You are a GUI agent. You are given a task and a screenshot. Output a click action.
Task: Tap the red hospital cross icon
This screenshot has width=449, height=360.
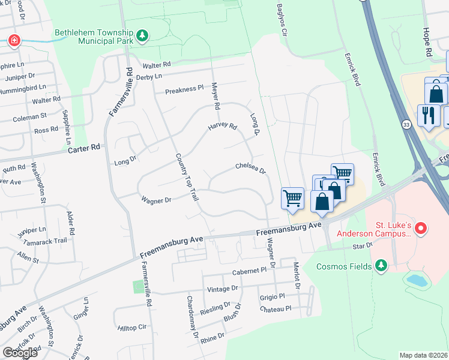coord(13,41)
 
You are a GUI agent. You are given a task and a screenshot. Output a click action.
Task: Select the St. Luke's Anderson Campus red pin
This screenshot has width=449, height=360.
coord(421,229)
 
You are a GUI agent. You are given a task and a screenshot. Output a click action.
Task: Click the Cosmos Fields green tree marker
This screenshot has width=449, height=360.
coord(380,265)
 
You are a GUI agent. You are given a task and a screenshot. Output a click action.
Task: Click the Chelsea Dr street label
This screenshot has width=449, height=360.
coord(250,168)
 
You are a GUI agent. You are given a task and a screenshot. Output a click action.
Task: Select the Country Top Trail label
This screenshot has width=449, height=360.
coord(186,176)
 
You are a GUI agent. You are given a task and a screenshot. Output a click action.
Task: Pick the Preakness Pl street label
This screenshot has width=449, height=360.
coord(184,89)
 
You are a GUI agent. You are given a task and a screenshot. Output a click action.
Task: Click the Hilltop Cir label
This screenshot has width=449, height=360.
coord(132,328)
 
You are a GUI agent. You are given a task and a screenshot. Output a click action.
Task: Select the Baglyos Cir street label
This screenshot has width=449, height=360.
coord(282,18)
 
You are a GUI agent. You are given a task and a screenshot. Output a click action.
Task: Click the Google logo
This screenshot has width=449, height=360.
coord(20,353)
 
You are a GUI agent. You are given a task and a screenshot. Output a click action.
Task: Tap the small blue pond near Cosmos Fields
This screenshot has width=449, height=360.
coord(415,279)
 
